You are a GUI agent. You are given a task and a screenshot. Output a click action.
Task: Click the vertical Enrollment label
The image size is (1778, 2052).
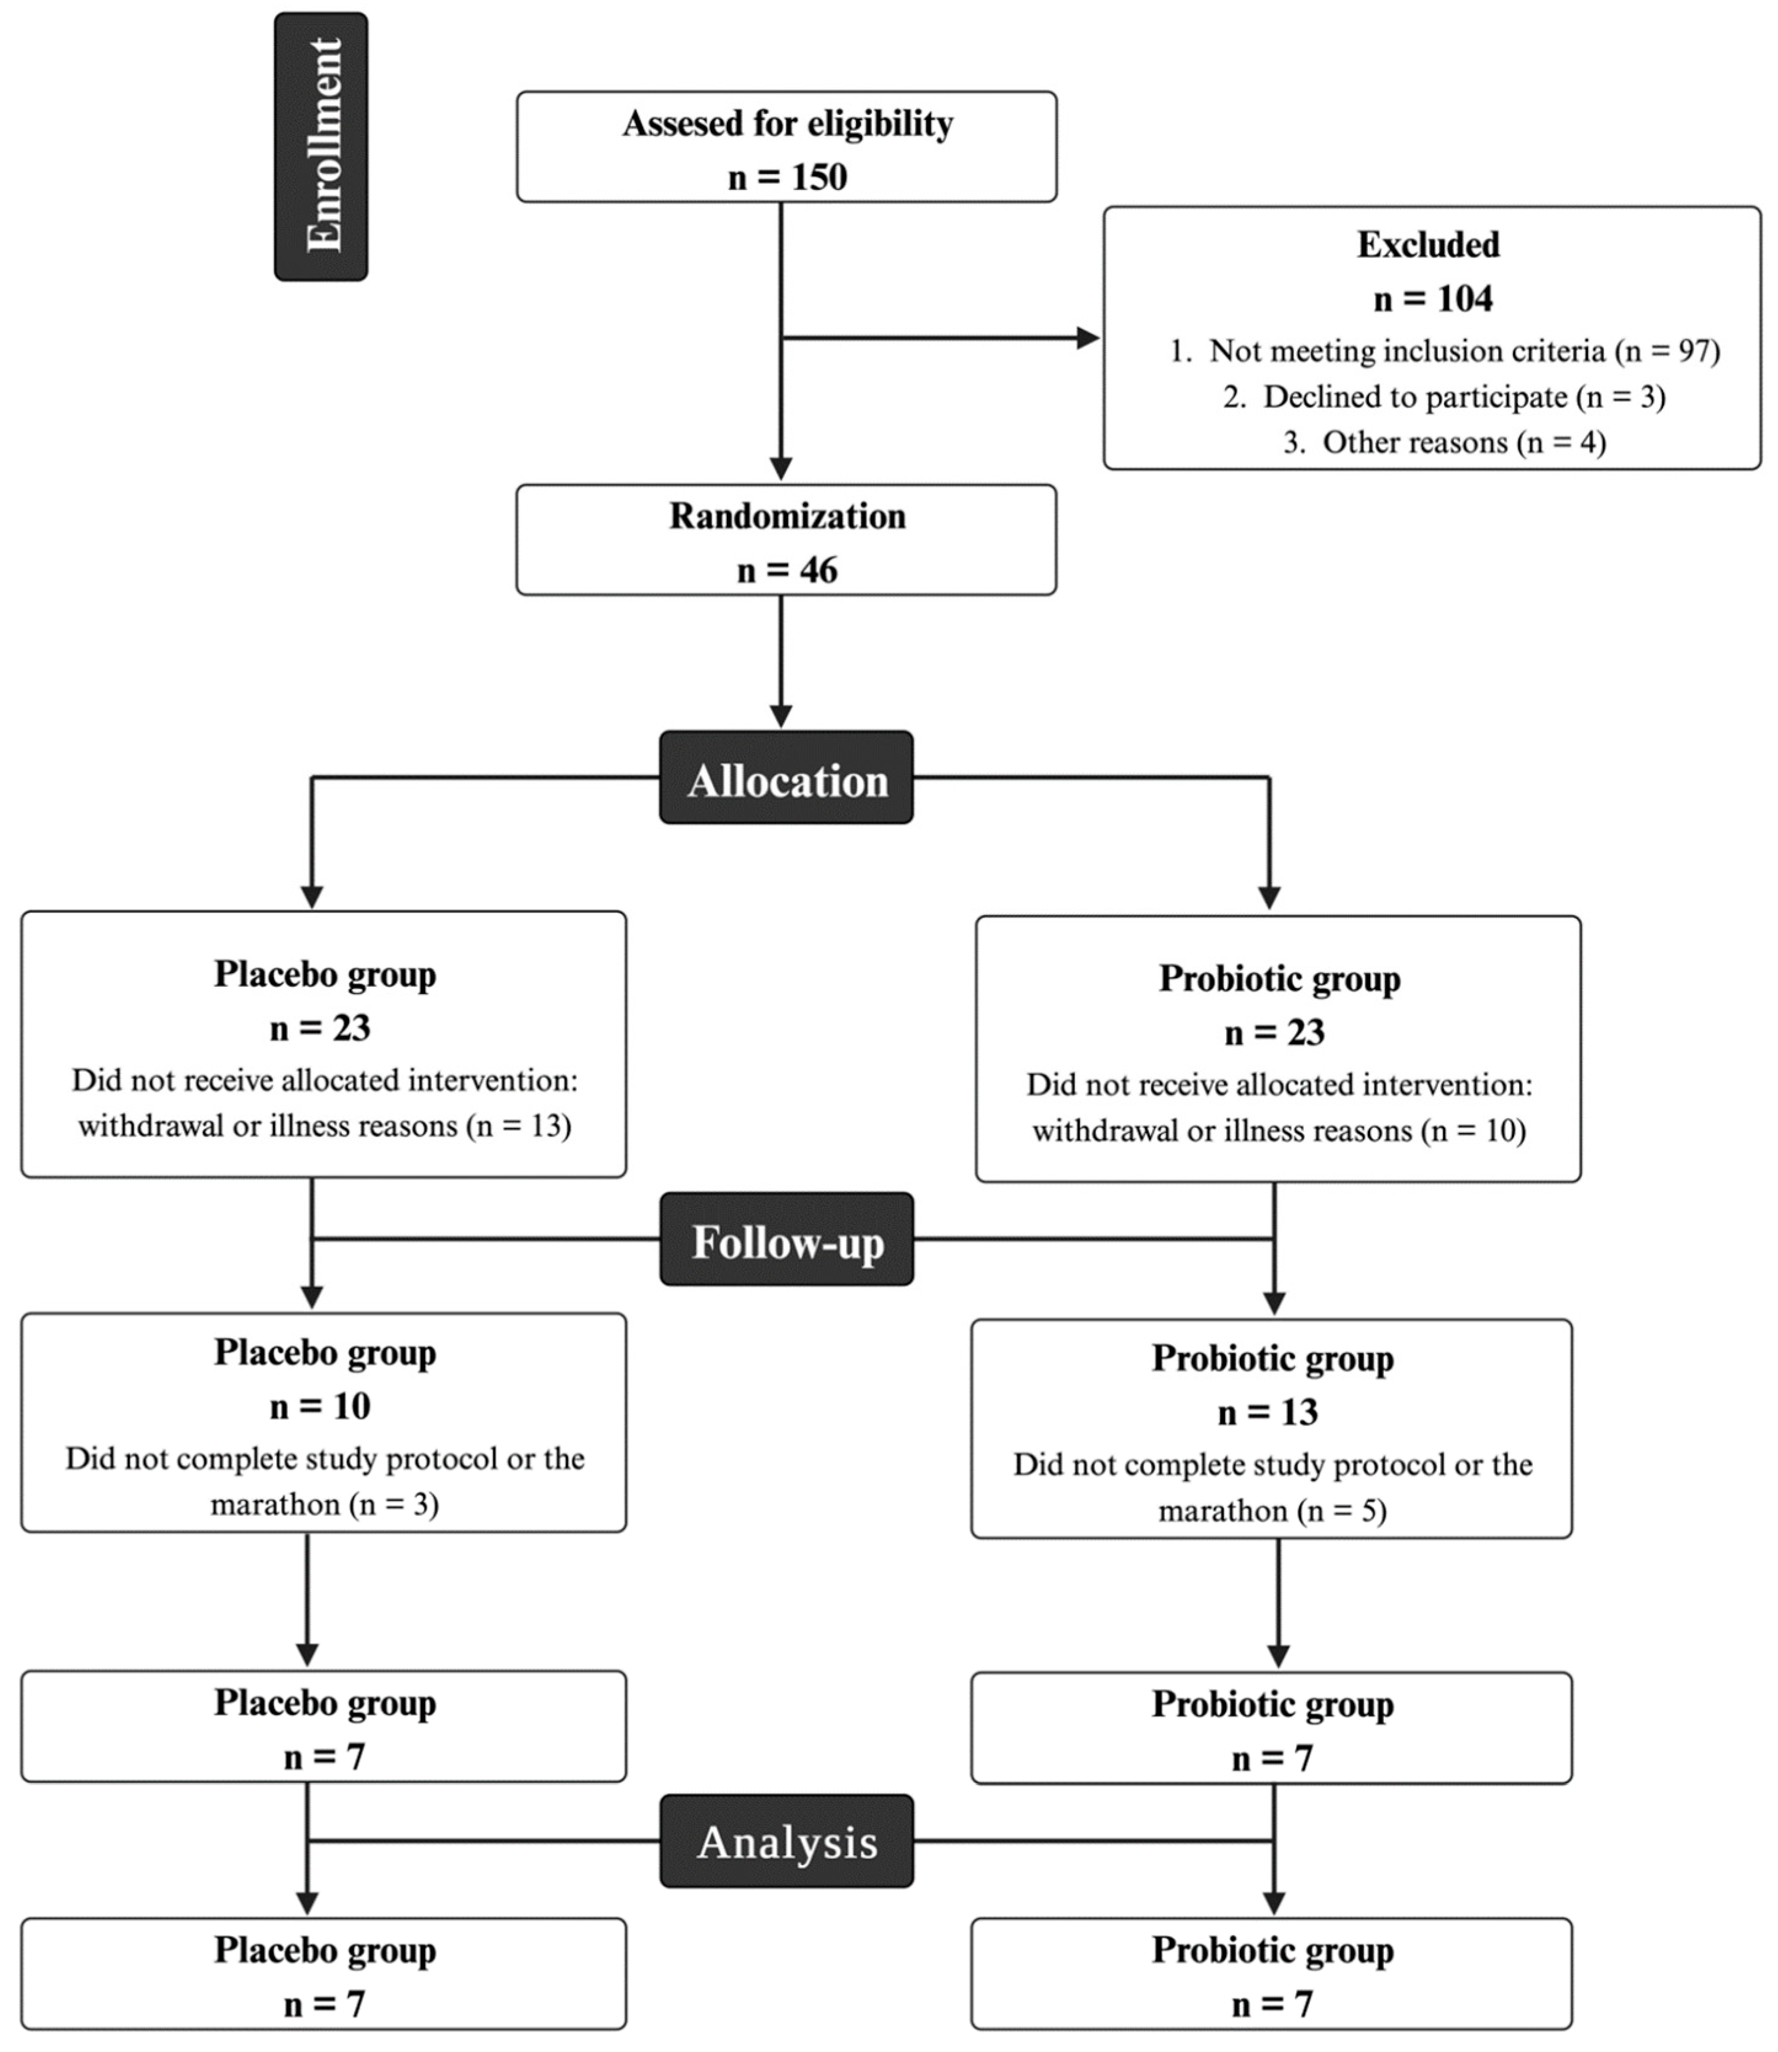coord(322,147)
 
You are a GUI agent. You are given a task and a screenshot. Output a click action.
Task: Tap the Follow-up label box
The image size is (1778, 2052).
coord(786,1240)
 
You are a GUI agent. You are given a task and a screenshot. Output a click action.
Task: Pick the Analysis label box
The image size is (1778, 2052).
coord(786,1843)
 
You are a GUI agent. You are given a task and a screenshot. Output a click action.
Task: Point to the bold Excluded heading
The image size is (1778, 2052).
coord(1428,245)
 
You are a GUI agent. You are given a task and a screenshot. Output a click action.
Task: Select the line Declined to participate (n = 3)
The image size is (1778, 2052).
coord(1443,397)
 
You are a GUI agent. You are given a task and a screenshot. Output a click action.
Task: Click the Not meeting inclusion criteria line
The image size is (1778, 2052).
coord(1443,351)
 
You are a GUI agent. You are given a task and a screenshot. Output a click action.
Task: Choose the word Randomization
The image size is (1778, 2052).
coord(787,517)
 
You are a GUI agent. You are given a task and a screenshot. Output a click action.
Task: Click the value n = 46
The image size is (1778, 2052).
coord(787,571)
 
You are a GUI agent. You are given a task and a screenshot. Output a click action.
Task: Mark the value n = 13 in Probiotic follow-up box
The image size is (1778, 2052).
coord(1268,1412)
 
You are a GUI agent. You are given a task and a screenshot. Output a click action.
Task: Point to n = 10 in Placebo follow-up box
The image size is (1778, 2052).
coord(319,1406)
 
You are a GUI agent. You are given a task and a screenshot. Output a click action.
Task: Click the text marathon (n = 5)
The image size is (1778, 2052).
coord(1272,1511)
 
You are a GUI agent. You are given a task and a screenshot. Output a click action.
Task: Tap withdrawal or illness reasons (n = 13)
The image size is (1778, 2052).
coord(325,1126)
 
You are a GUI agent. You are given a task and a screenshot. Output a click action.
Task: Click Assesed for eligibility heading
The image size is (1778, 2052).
coord(787,124)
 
